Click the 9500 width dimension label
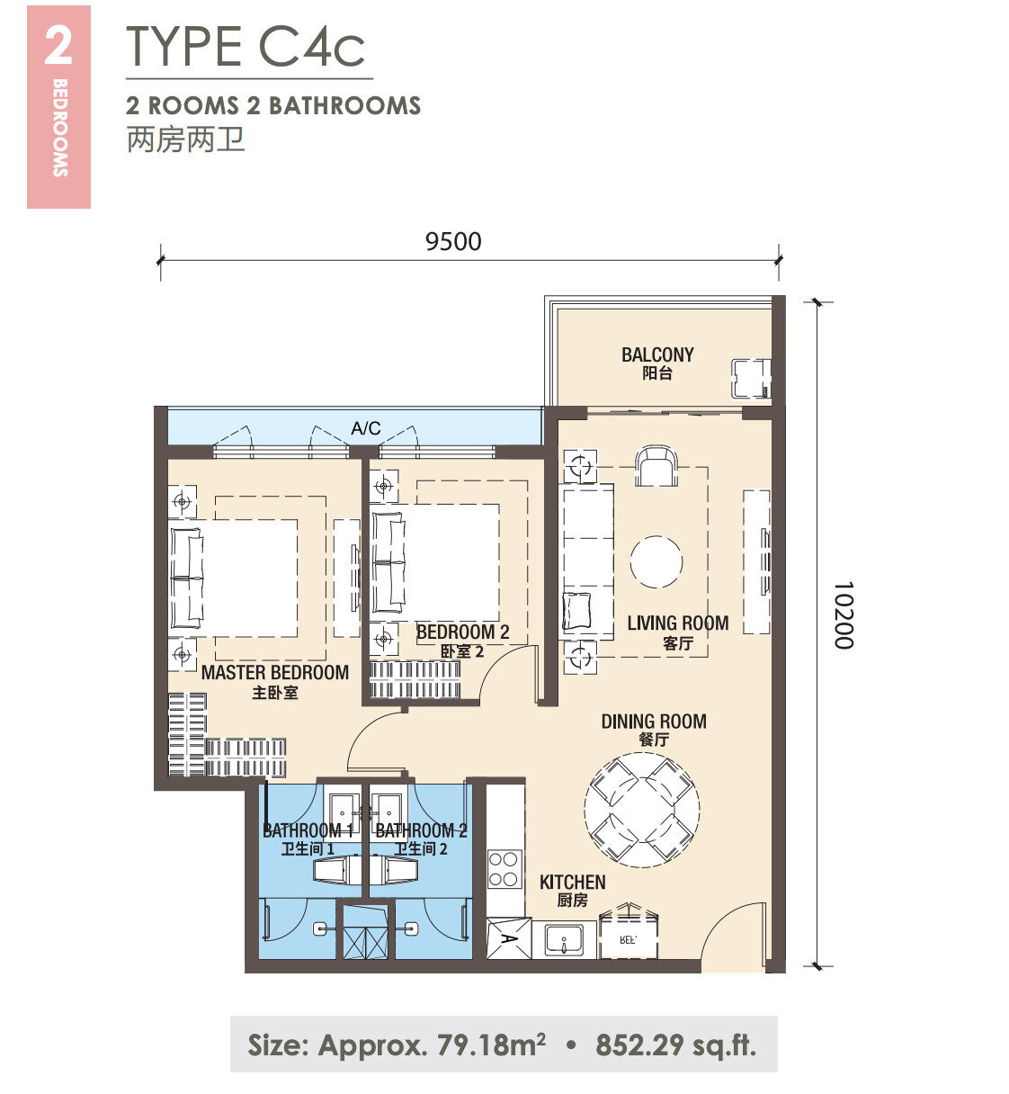pos(453,241)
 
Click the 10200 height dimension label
pos(843,615)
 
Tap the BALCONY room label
pos(657,354)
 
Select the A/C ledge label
pos(366,428)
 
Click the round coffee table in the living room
pos(656,562)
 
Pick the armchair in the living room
pos(656,466)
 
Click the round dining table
pos(642,810)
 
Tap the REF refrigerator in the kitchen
pos(629,938)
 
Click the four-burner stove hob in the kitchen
pos(504,869)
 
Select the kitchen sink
pos(564,939)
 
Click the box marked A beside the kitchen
pos(509,938)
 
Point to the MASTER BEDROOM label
pos(275,673)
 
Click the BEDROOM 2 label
pos(462,632)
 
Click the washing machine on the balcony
pos(751,378)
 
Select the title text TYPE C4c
pos(246,47)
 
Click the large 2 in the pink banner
pos(58,46)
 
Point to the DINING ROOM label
pos(654,721)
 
